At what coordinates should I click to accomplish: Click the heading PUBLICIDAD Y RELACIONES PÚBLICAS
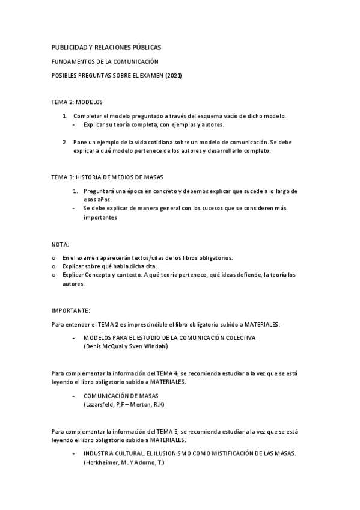(x=106, y=47)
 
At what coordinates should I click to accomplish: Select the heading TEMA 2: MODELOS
(x=77, y=102)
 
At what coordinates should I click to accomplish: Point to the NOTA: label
(x=60, y=245)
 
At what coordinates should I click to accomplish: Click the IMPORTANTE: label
(x=71, y=310)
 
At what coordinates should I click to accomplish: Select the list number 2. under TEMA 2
(x=65, y=142)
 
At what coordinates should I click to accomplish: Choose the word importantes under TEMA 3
(x=100, y=218)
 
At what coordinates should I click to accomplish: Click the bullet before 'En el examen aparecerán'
(x=54, y=258)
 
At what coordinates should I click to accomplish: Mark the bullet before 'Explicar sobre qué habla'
(x=54, y=266)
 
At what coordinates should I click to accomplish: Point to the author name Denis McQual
(x=103, y=346)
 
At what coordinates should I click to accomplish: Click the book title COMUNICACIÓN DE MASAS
(x=121, y=396)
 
